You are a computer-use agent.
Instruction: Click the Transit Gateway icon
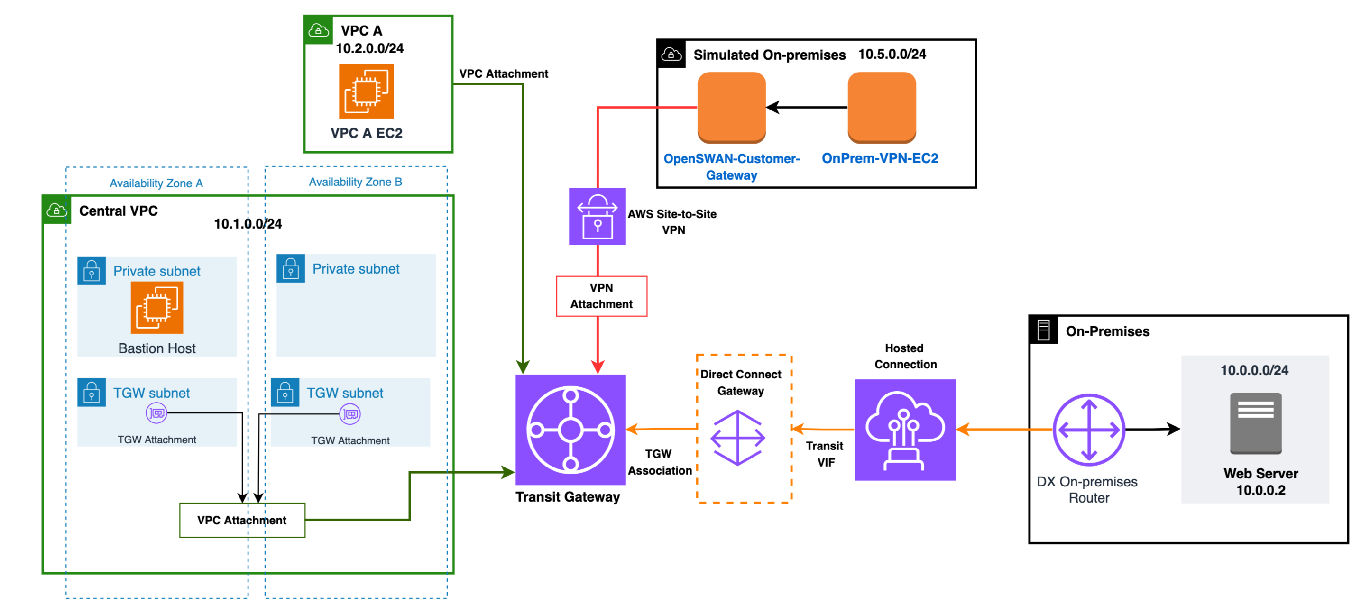pyautogui.click(x=570, y=429)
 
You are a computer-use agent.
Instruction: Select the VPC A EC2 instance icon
pyautogui.click(x=366, y=91)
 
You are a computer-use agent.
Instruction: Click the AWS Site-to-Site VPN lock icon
pyautogui.click(x=597, y=217)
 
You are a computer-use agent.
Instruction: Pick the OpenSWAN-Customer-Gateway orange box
pyautogui.click(x=731, y=107)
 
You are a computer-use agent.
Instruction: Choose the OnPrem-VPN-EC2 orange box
pyautogui.click(x=881, y=107)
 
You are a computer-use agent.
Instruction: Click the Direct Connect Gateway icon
pyautogui.click(x=737, y=438)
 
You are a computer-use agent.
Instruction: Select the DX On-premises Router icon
pyautogui.click(x=1088, y=430)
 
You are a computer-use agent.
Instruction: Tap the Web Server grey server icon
pyautogui.click(x=1255, y=423)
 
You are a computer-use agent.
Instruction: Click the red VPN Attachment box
pyautogui.click(x=601, y=296)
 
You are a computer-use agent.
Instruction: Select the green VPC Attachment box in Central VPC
pyautogui.click(x=242, y=520)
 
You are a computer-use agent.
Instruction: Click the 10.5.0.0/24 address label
pyautogui.click(x=892, y=54)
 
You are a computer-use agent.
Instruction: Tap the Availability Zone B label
pyautogui.click(x=355, y=182)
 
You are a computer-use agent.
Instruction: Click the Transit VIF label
pyautogui.click(x=825, y=454)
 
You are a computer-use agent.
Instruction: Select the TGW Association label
pyautogui.click(x=659, y=462)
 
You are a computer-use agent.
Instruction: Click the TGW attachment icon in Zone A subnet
pyautogui.click(x=156, y=412)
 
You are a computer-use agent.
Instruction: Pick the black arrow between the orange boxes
pyautogui.click(x=806, y=107)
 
